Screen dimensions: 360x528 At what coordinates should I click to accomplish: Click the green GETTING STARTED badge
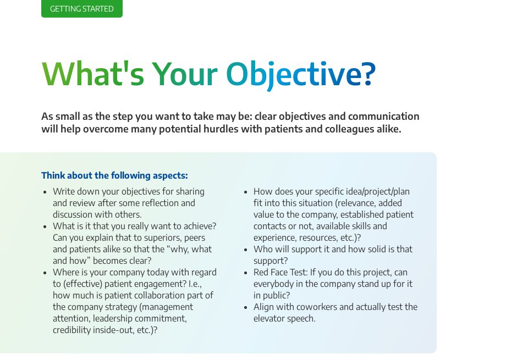81,9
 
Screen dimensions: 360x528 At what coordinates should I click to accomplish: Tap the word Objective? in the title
301,74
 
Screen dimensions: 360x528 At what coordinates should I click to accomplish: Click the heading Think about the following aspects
114,175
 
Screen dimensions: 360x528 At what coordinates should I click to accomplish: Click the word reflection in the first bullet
158,203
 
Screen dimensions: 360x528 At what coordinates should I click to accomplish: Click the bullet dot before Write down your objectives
45,192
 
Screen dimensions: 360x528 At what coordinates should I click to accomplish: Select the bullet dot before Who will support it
246,250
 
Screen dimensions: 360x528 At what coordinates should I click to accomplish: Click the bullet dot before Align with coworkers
246,307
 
